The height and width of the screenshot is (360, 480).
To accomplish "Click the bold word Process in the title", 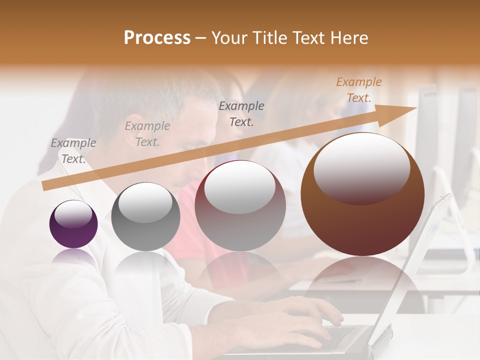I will tap(157, 38).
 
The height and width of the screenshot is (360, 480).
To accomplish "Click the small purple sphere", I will tap(73, 224).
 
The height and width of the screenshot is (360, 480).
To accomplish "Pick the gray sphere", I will tap(145, 217).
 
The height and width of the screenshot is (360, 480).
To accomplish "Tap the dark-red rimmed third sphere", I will tap(240, 205).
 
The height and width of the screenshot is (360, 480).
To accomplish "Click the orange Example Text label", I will tap(359, 90).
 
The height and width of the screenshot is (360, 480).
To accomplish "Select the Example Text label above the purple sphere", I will tap(73, 151).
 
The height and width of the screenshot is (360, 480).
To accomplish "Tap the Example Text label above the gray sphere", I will tap(147, 133).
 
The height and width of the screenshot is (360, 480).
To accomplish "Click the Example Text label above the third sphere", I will tap(241, 113).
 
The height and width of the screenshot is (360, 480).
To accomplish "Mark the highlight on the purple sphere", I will tap(73, 214).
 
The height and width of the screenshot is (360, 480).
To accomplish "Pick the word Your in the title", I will tap(230, 38).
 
